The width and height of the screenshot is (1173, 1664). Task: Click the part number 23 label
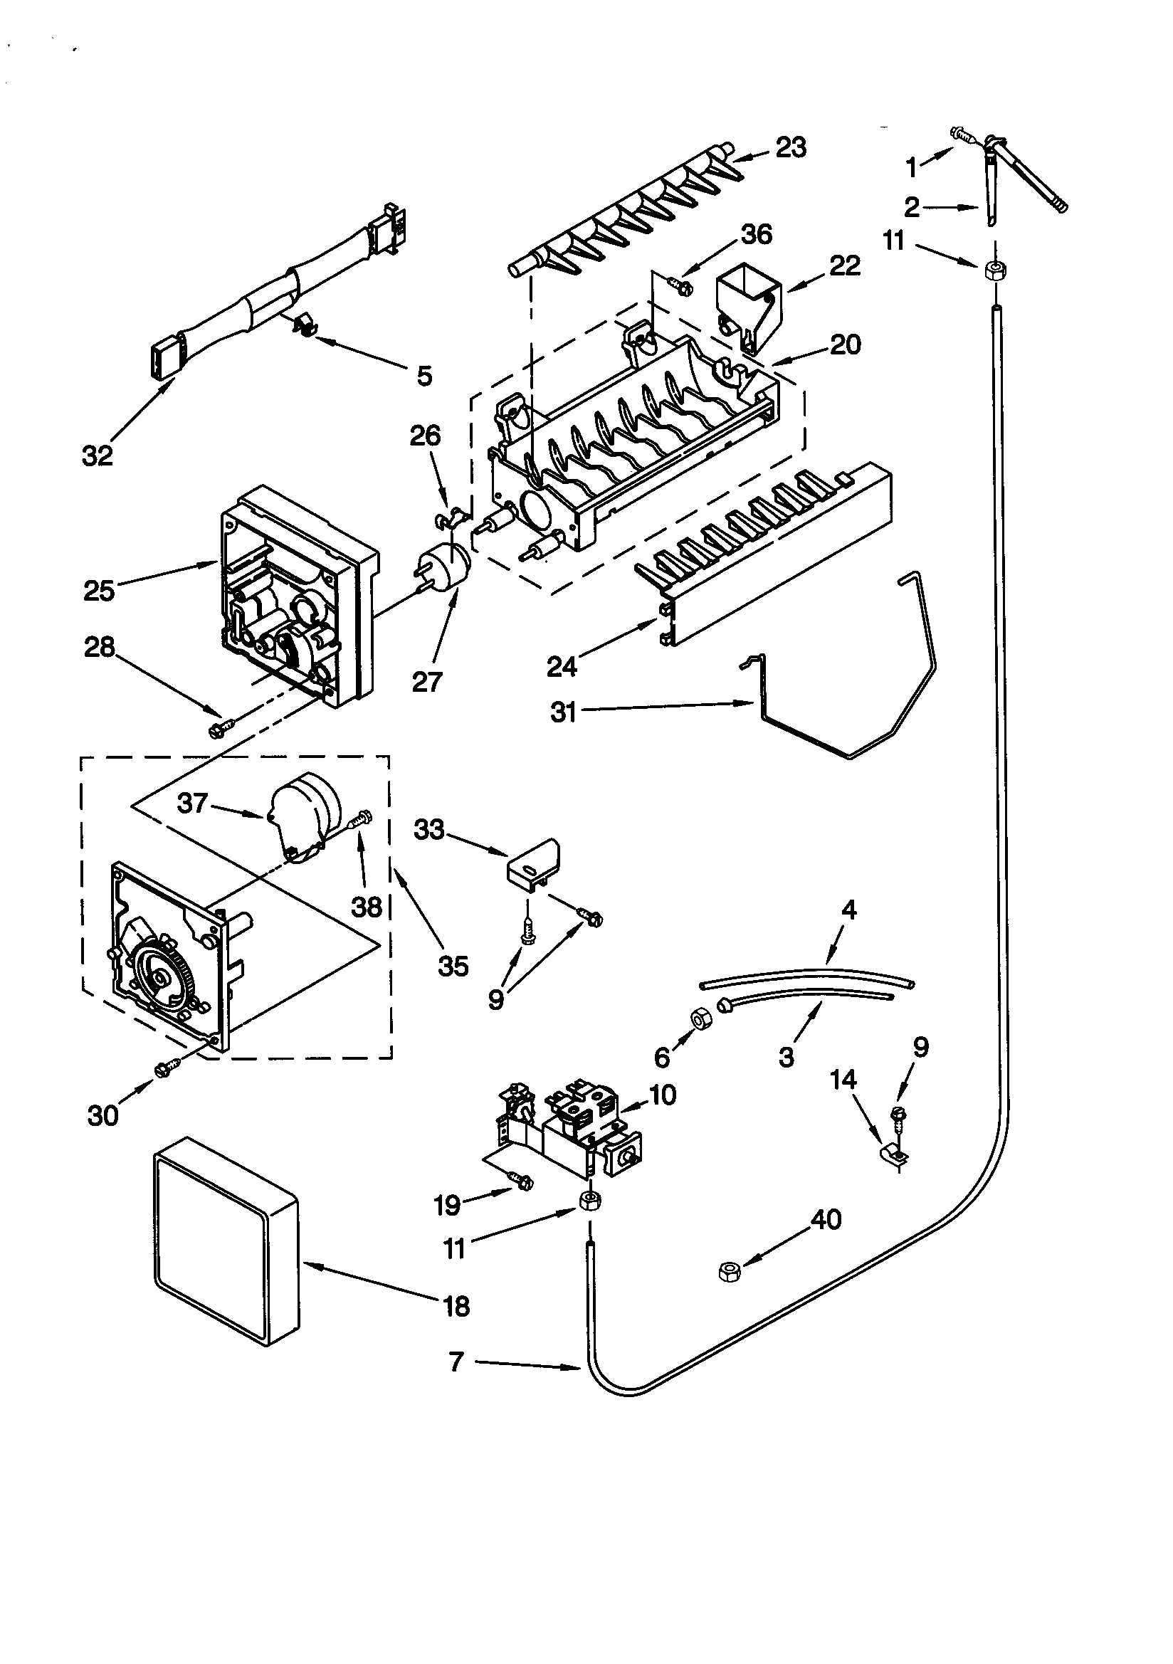point(791,147)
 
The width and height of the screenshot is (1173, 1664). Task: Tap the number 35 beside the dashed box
point(453,966)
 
